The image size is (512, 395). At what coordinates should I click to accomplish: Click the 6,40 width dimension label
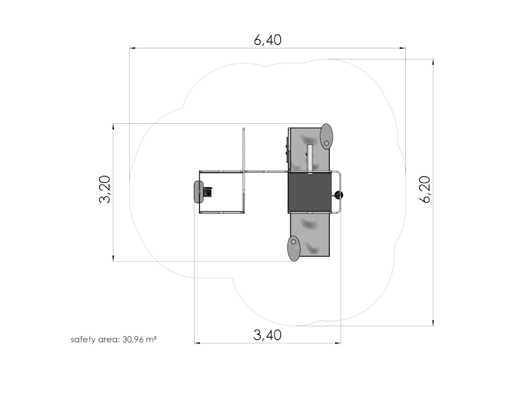point(268,40)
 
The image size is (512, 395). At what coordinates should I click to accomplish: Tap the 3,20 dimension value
point(105,190)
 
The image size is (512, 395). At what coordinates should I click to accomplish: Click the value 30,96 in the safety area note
point(132,339)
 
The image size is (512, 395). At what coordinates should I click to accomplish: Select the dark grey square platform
point(310,192)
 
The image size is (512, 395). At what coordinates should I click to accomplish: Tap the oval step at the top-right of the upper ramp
point(326,136)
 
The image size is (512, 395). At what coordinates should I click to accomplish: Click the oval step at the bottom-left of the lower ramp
point(293,248)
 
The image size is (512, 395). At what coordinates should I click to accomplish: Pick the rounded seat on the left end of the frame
point(197,192)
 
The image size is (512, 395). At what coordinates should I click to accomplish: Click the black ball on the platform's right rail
point(339,195)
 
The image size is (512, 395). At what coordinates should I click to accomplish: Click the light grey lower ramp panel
point(311,234)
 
